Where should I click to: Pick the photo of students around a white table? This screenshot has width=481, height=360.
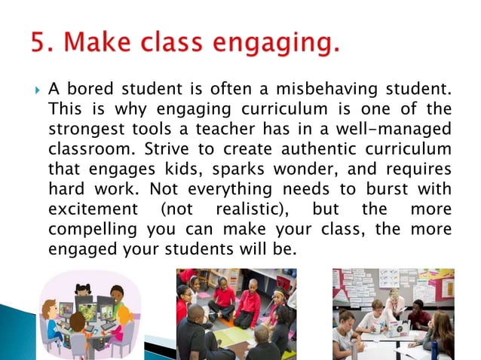(393, 313)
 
